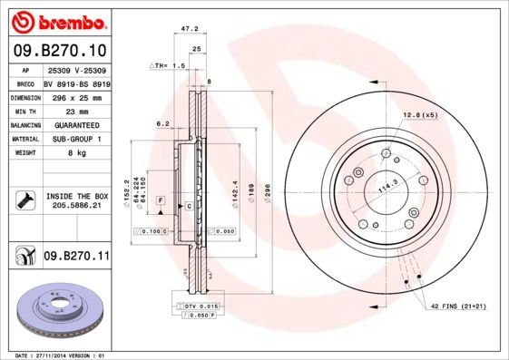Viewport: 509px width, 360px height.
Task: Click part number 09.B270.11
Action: (76, 257)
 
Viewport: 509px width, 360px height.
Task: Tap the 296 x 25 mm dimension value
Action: (75, 97)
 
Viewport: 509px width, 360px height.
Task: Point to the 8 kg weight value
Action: (75, 153)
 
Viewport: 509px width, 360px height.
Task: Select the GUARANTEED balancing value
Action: (76, 125)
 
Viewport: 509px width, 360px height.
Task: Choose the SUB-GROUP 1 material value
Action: (76, 139)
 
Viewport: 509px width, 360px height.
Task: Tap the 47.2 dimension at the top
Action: (191, 29)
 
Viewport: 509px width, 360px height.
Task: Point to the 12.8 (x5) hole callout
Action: (419, 115)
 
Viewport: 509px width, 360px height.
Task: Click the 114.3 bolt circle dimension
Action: (388, 188)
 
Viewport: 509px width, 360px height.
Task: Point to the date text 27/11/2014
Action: (63, 354)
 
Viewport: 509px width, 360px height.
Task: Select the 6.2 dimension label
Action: (163, 123)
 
